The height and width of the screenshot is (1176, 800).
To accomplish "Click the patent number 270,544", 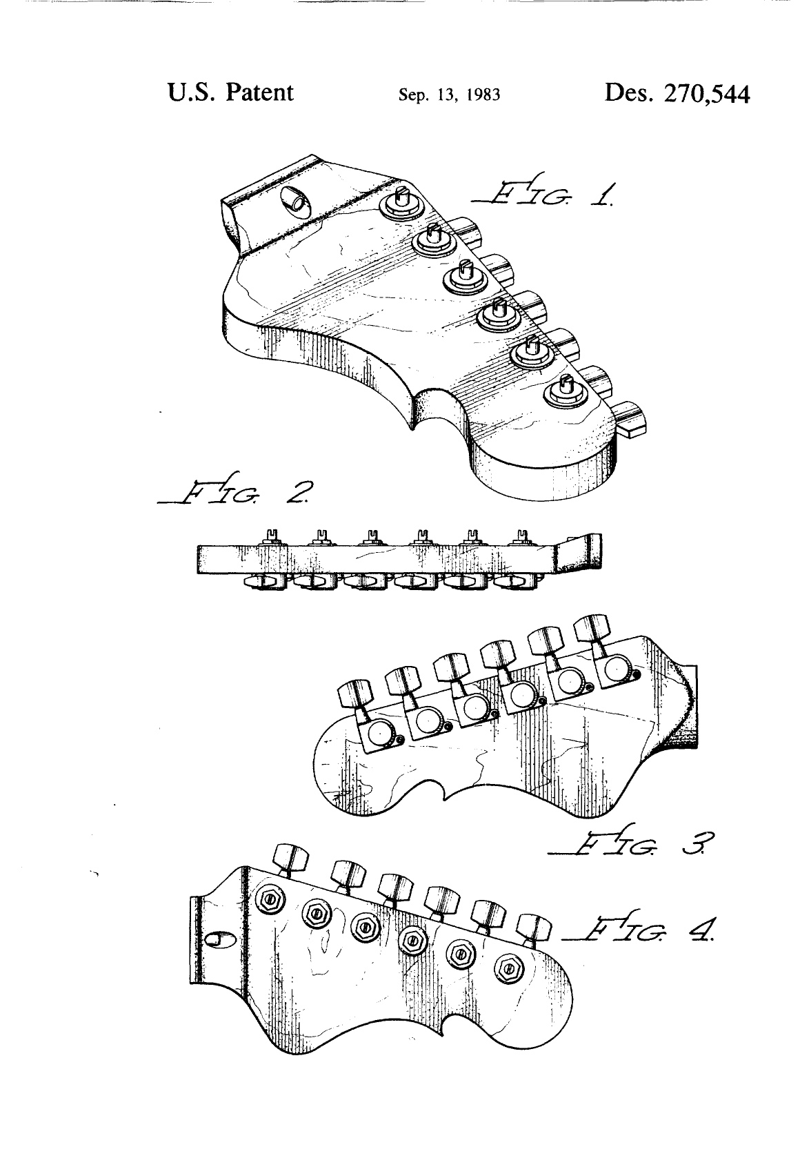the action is tap(707, 94).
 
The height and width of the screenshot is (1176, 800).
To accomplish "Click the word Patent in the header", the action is tap(260, 92).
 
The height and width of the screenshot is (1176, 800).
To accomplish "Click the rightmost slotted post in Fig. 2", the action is tap(522, 537).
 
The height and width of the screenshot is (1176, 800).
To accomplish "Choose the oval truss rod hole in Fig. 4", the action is tap(217, 941).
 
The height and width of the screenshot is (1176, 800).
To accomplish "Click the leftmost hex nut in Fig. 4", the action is tap(270, 899).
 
